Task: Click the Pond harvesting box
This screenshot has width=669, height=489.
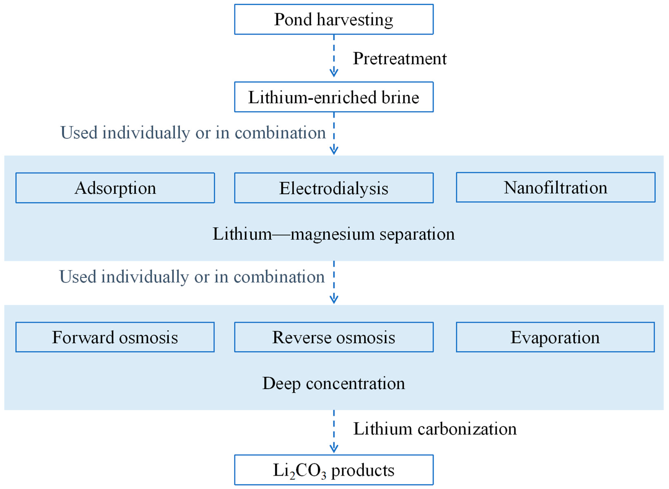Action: pyautogui.click(x=334, y=19)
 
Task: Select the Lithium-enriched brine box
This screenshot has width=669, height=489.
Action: pyautogui.click(x=334, y=97)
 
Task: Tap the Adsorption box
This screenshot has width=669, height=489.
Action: pyautogui.click(x=115, y=188)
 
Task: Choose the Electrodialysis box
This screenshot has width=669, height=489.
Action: pyautogui.click(x=334, y=188)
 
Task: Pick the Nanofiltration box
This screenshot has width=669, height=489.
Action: pyautogui.click(x=556, y=187)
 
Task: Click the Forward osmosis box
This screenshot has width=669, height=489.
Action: pyautogui.click(x=115, y=337)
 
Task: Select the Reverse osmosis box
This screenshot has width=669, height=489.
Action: pyautogui.click(x=334, y=337)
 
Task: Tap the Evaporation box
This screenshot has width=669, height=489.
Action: pyautogui.click(x=555, y=337)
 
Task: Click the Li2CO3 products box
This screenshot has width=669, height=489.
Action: pyautogui.click(x=334, y=470)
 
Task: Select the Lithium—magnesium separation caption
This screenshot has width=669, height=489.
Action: pyautogui.click(x=334, y=234)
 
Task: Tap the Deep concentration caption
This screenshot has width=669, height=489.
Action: pyautogui.click(x=334, y=383)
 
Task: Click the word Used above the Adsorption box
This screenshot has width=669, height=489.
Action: pyautogui.click(x=79, y=132)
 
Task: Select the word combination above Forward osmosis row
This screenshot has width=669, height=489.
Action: pyautogui.click(x=279, y=277)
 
